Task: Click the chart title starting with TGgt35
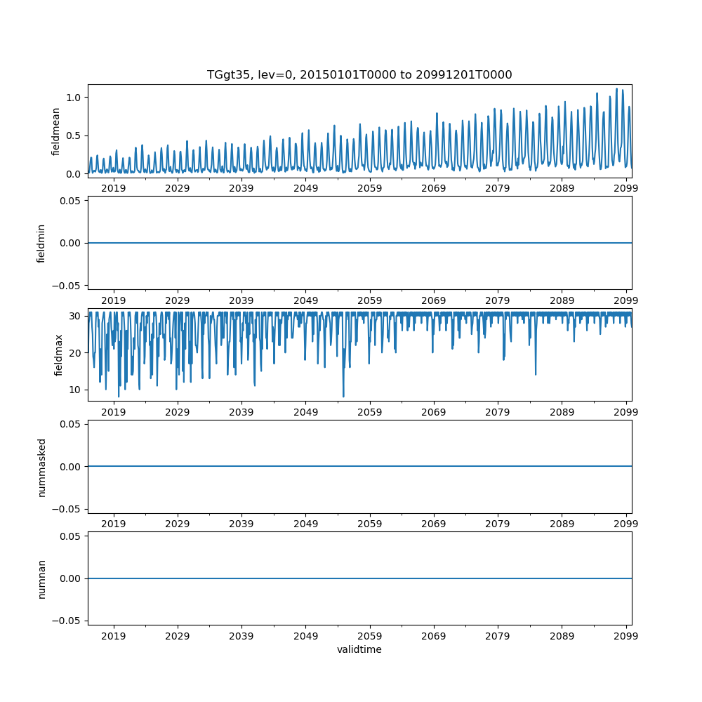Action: tap(359, 74)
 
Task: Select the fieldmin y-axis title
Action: tap(41, 243)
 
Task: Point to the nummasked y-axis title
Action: tap(41, 467)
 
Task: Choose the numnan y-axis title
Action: tap(41, 578)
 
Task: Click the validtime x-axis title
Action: tap(359, 649)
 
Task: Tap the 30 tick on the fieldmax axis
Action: tap(76, 316)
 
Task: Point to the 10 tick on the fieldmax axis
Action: tap(76, 390)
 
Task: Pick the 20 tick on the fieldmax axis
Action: tap(76, 353)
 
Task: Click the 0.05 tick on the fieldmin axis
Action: tap(71, 201)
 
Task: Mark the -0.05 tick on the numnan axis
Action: tap(69, 621)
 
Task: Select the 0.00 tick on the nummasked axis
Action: tap(71, 467)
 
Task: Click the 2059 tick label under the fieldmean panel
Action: tap(369, 188)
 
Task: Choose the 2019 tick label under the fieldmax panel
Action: tap(114, 412)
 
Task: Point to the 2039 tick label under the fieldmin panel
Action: tap(241, 300)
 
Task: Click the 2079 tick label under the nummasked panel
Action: tap(498, 524)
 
